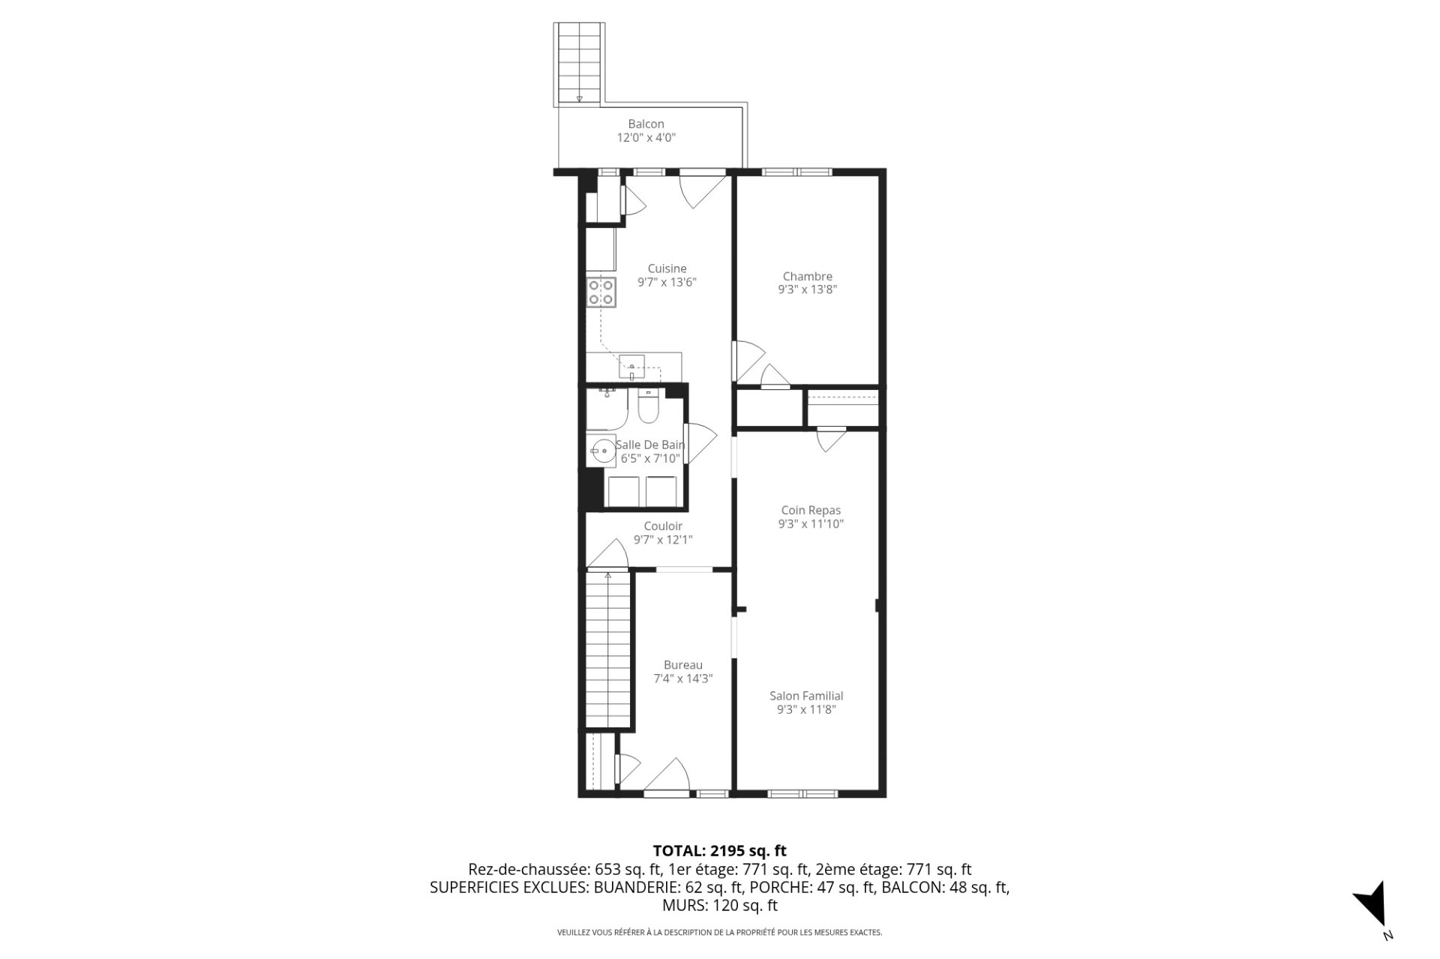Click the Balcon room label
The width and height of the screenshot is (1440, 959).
(x=646, y=124)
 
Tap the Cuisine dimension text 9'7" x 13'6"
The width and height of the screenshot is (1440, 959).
(x=667, y=283)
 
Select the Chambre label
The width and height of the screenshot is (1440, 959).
(x=807, y=276)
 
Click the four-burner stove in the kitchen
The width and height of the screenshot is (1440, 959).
(x=601, y=292)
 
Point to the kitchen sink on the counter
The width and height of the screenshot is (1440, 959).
(x=632, y=367)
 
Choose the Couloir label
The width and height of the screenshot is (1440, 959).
(x=663, y=526)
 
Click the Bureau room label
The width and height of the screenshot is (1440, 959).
(x=682, y=664)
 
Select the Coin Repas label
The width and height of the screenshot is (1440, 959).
(x=811, y=510)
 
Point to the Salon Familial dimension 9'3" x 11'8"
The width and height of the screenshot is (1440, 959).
(x=806, y=709)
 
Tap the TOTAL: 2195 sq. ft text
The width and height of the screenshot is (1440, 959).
(x=719, y=850)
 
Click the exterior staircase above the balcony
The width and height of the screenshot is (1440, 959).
(x=579, y=63)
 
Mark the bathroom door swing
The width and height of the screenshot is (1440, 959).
(x=700, y=442)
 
